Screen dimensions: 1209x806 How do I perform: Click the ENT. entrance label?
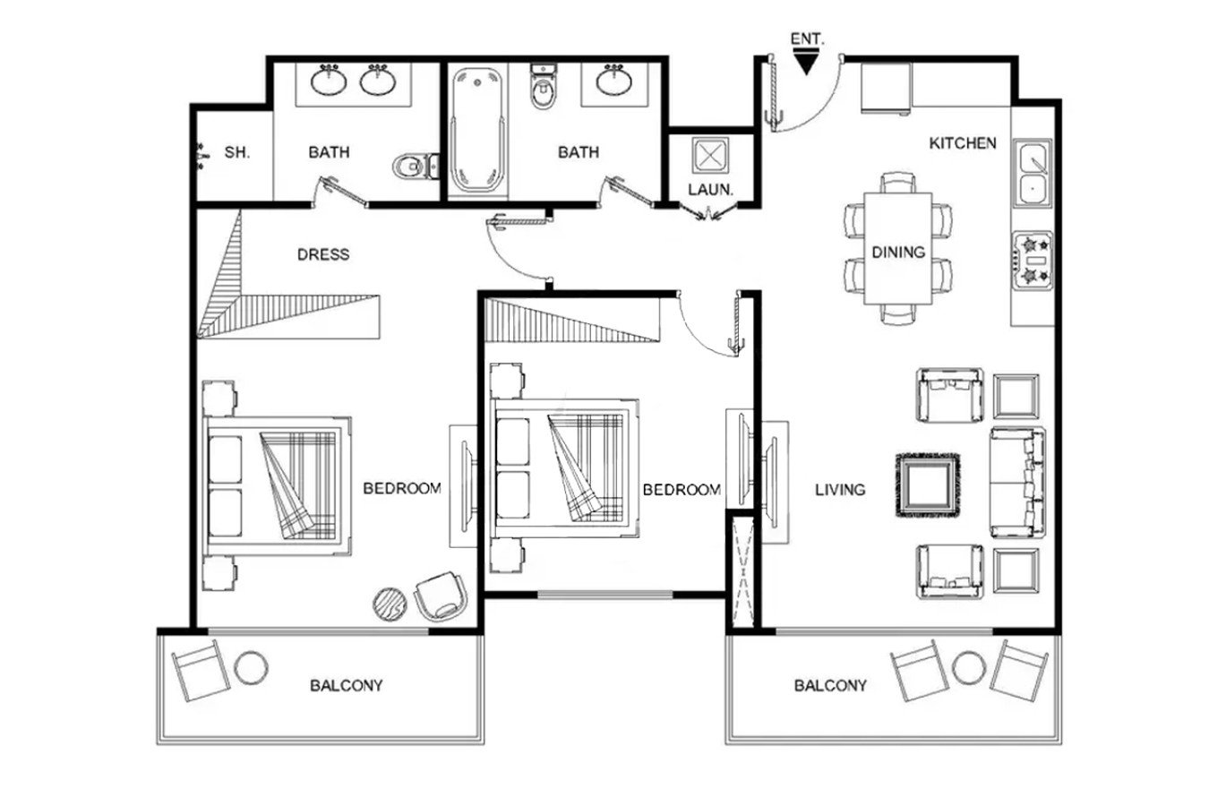[x=808, y=39]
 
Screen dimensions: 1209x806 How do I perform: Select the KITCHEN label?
[x=963, y=143]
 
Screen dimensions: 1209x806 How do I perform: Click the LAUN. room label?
[x=710, y=190]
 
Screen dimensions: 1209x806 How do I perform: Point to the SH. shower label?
[x=237, y=152]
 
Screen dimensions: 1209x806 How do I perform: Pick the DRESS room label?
[x=323, y=253]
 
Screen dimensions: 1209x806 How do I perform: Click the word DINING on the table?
[x=898, y=252]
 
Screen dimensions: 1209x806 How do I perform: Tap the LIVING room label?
[x=840, y=490]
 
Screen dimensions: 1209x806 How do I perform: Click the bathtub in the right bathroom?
[x=477, y=130]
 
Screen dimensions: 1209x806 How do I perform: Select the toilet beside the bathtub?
[x=542, y=87]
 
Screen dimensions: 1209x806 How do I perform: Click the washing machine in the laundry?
[x=710, y=156]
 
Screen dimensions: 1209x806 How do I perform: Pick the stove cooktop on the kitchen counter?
[x=1033, y=261]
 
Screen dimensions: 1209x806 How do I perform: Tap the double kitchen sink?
[x=1033, y=174]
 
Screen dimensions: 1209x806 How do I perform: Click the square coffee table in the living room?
[x=929, y=485]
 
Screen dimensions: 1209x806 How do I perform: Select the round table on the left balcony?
[x=251, y=668]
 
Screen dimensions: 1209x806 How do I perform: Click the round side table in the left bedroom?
[x=390, y=604]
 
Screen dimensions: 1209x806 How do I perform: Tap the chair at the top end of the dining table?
[x=897, y=183]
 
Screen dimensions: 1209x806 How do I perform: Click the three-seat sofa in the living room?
[x=1017, y=482]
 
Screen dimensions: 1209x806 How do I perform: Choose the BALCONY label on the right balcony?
[x=830, y=685]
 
